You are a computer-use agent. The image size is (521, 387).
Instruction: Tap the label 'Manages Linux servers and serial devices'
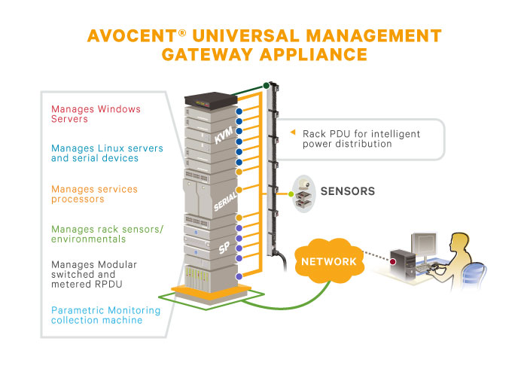tap(95, 153)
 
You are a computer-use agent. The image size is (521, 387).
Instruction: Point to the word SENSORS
tap(348, 191)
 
